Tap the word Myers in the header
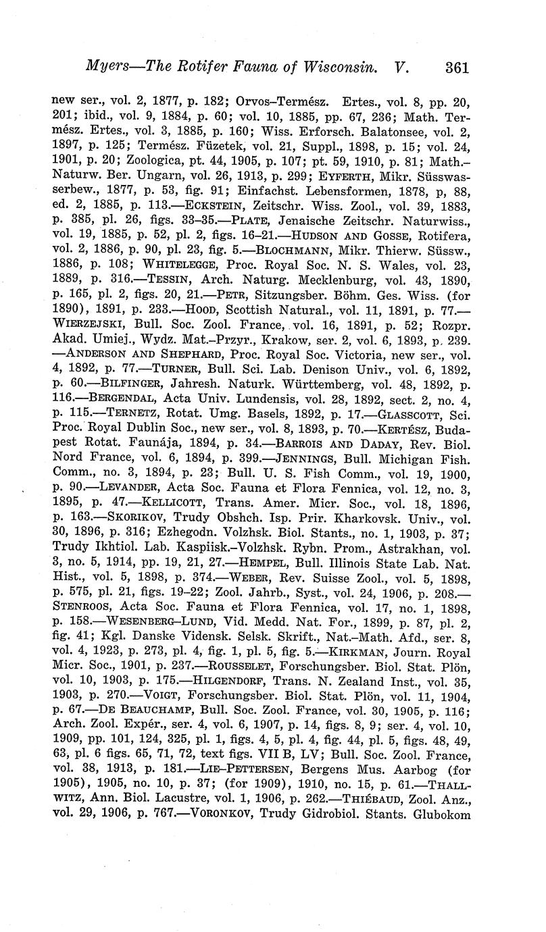[x=109, y=66]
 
